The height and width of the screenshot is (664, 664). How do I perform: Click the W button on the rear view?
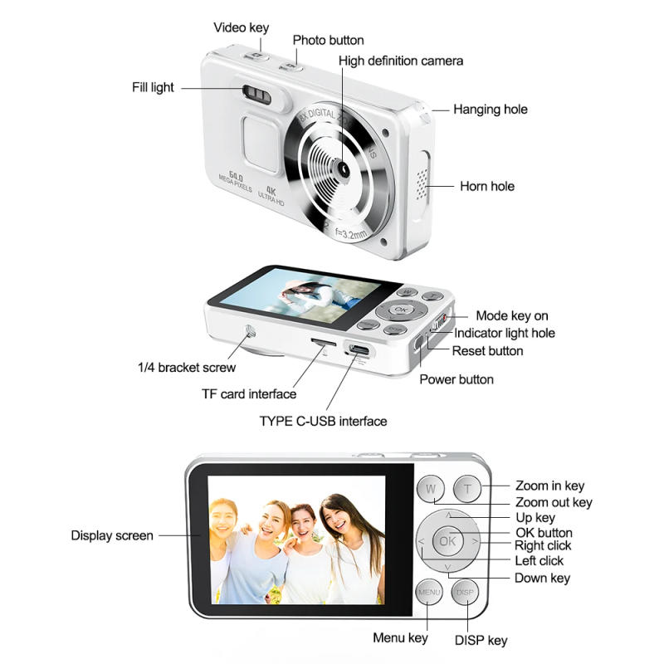pyautogui.click(x=430, y=489)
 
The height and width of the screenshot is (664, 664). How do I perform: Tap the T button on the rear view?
pyautogui.click(x=466, y=489)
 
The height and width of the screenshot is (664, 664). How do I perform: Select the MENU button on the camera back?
pyautogui.click(x=429, y=592)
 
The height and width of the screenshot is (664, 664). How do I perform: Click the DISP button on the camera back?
pyautogui.click(x=465, y=592)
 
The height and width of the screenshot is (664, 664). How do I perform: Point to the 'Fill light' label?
pyautogui.click(x=153, y=87)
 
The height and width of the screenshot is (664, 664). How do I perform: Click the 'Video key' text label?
pyautogui.click(x=242, y=27)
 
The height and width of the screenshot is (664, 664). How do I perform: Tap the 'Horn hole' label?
pyautogui.click(x=487, y=186)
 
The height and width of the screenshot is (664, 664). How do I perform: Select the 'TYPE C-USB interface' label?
pyautogui.click(x=323, y=421)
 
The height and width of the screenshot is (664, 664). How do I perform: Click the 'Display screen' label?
pyautogui.click(x=112, y=535)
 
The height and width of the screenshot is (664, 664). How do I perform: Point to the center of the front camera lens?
pyautogui.click(x=341, y=168)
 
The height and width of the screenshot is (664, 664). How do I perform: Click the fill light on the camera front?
pyautogui.click(x=259, y=95)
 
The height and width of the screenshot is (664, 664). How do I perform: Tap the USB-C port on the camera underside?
pyautogui.click(x=359, y=349)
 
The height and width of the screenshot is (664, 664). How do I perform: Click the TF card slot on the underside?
pyautogui.click(x=323, y=342)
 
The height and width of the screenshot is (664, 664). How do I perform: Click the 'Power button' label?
pyautogui.click(x=456, y=379)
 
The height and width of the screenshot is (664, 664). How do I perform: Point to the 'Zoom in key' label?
pyautogui.click(x=549, y=486)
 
